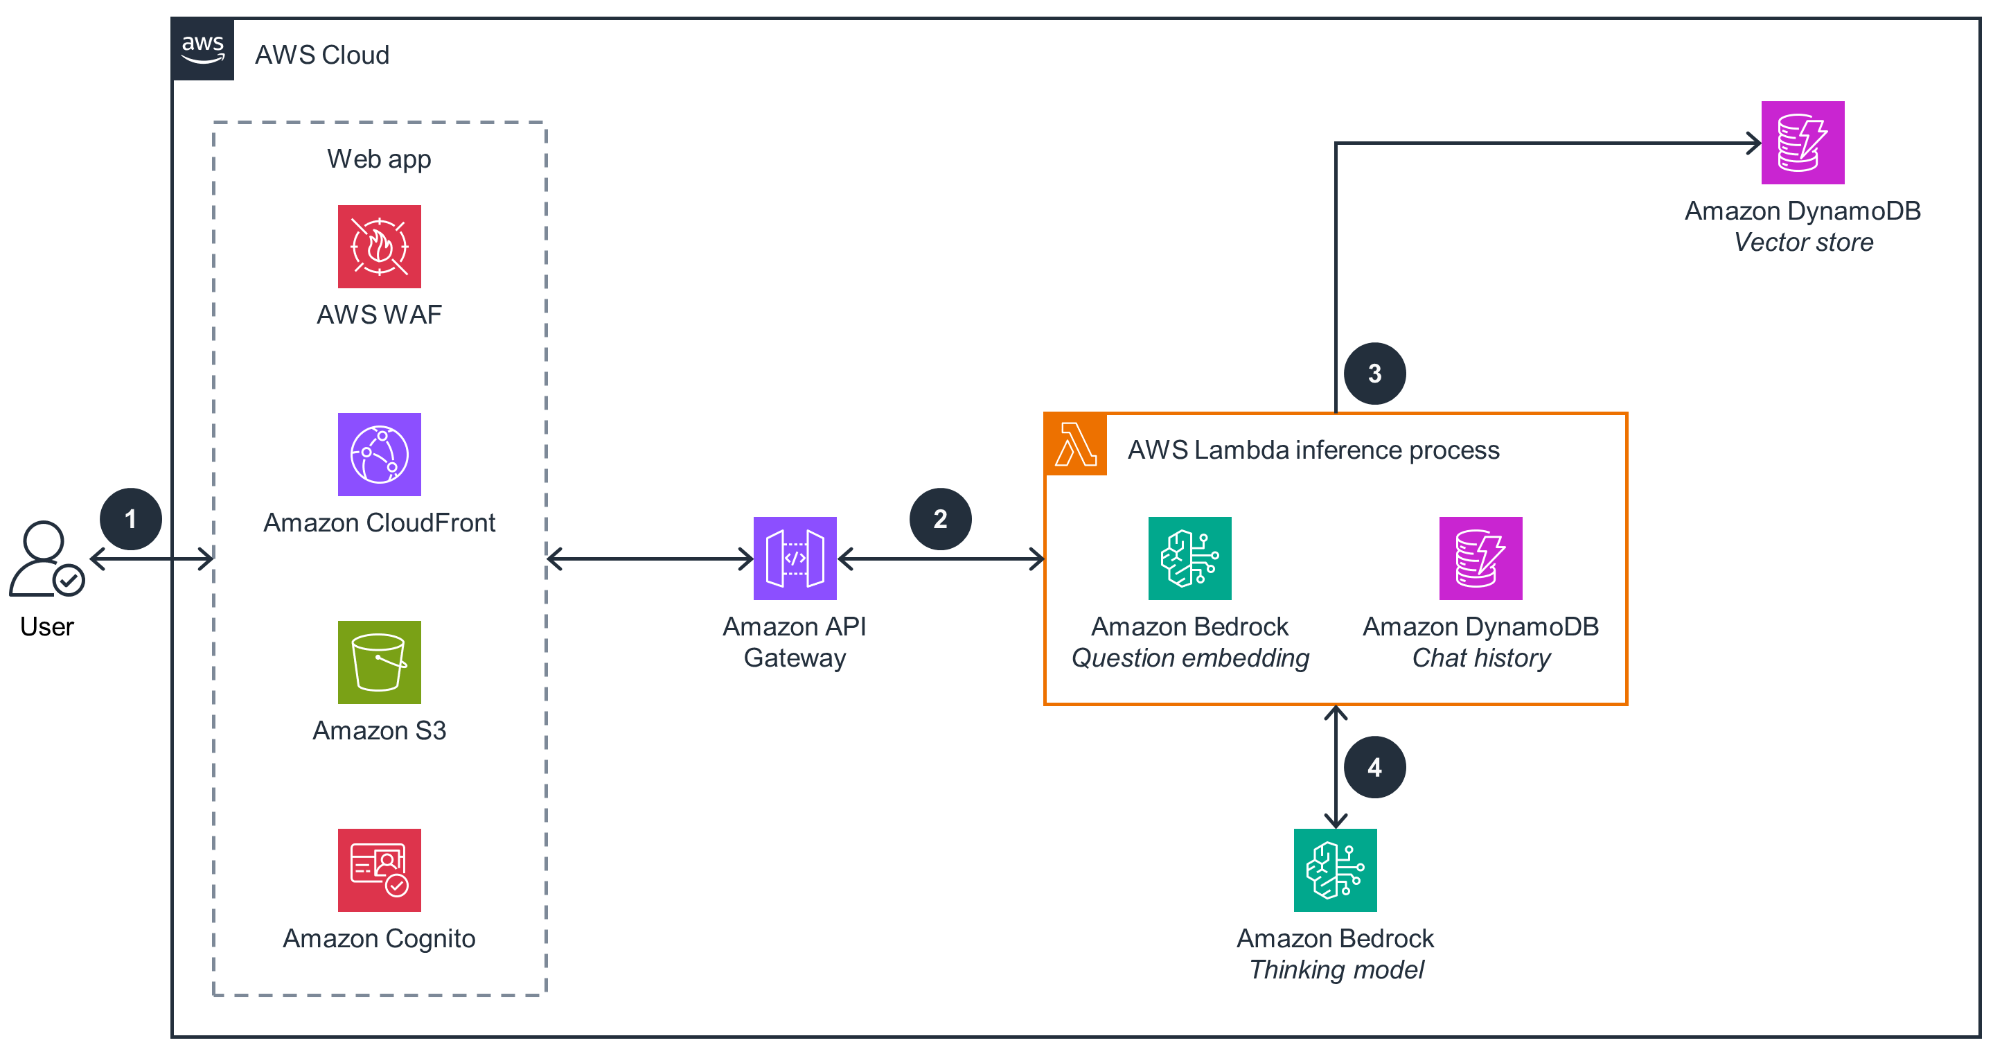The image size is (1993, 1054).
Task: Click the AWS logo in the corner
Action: pos(203,49)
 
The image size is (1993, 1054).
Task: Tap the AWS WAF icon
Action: pos(379,246)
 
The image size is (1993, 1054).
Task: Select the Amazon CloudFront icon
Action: pos(379,455)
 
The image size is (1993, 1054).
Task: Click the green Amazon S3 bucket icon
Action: pos(379,662)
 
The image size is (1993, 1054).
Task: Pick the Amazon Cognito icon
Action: pos(379,870)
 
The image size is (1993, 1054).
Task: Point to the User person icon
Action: pos(45,558)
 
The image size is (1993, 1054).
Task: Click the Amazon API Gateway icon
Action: pos(795,558)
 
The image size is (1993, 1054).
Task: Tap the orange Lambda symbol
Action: pos(1075,445)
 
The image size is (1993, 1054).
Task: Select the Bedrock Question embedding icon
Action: pos(1189,558)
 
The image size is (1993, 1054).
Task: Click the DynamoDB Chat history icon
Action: pos(1480,558)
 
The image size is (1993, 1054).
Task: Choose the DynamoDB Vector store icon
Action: pos(1802,142)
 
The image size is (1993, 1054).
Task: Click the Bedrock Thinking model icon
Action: pos(1335,870)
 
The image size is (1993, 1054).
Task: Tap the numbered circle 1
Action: pos(131,518)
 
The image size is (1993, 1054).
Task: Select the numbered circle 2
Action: pos(940,518)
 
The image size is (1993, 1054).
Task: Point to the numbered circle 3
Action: pos(1375,374)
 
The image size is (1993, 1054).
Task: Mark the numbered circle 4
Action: pos(1375,767)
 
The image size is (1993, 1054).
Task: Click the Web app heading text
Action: pos(379,159)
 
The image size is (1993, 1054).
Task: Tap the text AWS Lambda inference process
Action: pos(1313,450)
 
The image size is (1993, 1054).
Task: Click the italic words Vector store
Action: pos(1802,243)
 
